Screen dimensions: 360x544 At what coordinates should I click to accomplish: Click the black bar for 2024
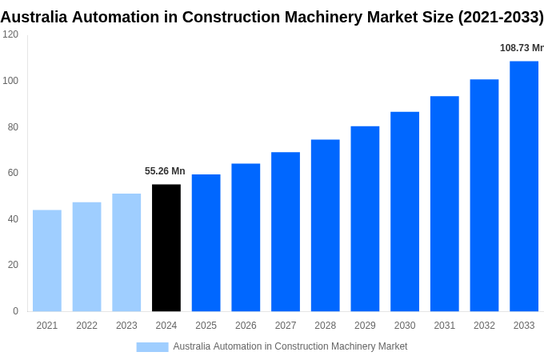166,248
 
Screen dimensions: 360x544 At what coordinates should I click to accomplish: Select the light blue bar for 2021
47,261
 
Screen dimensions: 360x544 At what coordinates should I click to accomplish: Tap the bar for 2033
524,186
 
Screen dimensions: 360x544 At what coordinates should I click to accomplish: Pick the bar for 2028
325,226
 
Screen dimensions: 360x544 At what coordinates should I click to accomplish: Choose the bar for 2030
405,211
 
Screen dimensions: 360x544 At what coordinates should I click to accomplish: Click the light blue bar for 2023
126,252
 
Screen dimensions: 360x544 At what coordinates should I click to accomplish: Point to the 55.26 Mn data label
165,171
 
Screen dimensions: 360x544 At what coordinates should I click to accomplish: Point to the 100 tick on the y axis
10,81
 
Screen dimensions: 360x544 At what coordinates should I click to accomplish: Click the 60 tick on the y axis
13,173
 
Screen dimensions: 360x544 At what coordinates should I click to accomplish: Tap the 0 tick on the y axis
15,311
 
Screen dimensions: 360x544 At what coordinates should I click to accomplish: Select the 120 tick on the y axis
10,34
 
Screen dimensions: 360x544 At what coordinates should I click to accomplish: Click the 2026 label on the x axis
246,326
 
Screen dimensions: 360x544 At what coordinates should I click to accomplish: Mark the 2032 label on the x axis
484,326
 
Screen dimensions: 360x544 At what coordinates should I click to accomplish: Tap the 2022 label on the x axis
86,326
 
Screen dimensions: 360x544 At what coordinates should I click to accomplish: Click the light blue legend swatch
152,347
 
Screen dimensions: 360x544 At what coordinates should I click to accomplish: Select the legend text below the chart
290,346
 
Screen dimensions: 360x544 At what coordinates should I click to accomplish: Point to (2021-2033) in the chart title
500,17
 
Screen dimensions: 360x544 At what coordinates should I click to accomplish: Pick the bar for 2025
206,243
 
